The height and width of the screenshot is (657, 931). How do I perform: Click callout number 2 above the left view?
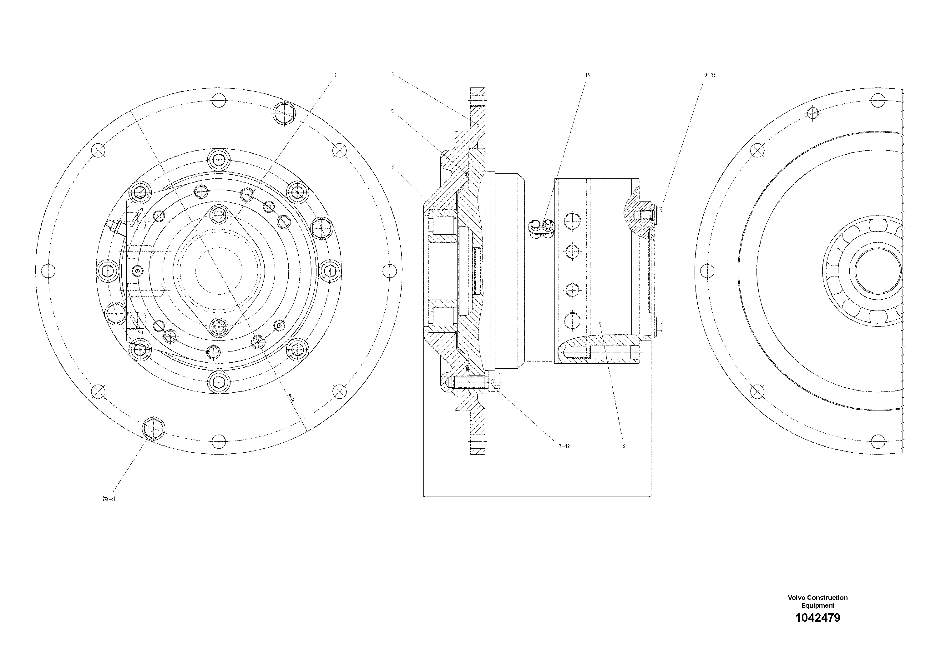pyautogui.click(x=335, y=75)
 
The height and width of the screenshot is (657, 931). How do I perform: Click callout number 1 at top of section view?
pyautogui.click(x=393, y=74)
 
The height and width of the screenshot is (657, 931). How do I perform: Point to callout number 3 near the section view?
pyautogui.click(x=392, y=166)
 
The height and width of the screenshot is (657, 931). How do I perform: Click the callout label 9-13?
pyautogui.click(x=710, y=75)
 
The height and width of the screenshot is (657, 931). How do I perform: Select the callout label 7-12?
pyautogui.click(x=564, y=446)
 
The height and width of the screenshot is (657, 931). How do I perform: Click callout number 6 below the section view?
pyautogui.click(x=624, y=446)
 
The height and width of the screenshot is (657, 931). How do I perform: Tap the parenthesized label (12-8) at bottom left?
pyautogui.click(x=109, y=499)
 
